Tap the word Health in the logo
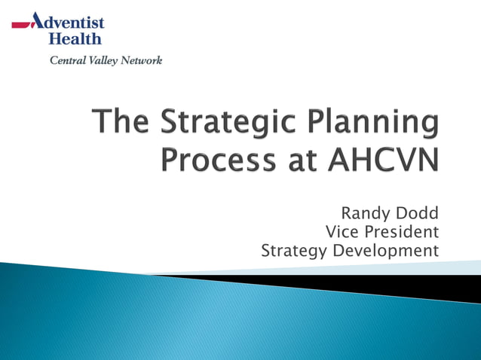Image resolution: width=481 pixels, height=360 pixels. tap(75, 38)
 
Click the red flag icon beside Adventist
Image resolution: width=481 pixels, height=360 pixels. tap(22, 25)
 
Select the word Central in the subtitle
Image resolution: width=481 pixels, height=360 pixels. tap(68, 60)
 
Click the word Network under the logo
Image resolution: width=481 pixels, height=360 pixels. tap(142, 60)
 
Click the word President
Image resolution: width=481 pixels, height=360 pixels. tap(402, 232)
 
